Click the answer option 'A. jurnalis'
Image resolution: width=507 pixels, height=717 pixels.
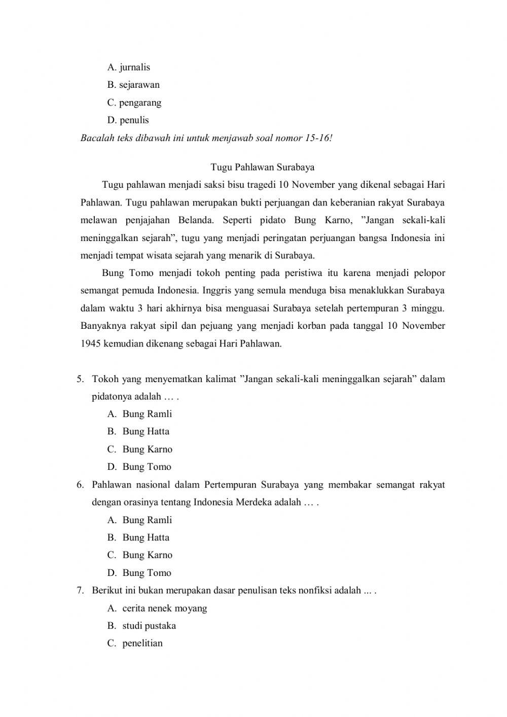coord(129,67)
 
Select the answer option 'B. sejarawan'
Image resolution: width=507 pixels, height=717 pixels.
coord(133,85)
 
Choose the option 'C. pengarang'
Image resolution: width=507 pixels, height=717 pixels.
coord(134,103)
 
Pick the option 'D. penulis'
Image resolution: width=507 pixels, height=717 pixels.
coord(128,120)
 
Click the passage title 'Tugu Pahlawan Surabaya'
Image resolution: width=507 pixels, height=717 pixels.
coord(263,167)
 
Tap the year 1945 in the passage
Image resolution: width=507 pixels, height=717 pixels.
coord(91,344)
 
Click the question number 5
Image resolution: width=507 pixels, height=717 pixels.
coord(80,379)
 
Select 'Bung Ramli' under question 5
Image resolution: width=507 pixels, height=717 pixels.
coord(147,414)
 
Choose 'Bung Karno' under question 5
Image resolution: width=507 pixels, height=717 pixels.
coord(147,450)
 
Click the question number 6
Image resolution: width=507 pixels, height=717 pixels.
coord(80,485)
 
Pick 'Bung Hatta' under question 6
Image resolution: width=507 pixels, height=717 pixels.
coord(146,537)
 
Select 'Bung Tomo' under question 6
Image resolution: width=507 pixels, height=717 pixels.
coord(147,573)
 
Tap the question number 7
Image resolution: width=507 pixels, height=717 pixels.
coord(80,590)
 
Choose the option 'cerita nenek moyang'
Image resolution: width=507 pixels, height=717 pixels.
coord(164,608)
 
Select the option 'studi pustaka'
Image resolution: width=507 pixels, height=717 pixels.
coord(149,626)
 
